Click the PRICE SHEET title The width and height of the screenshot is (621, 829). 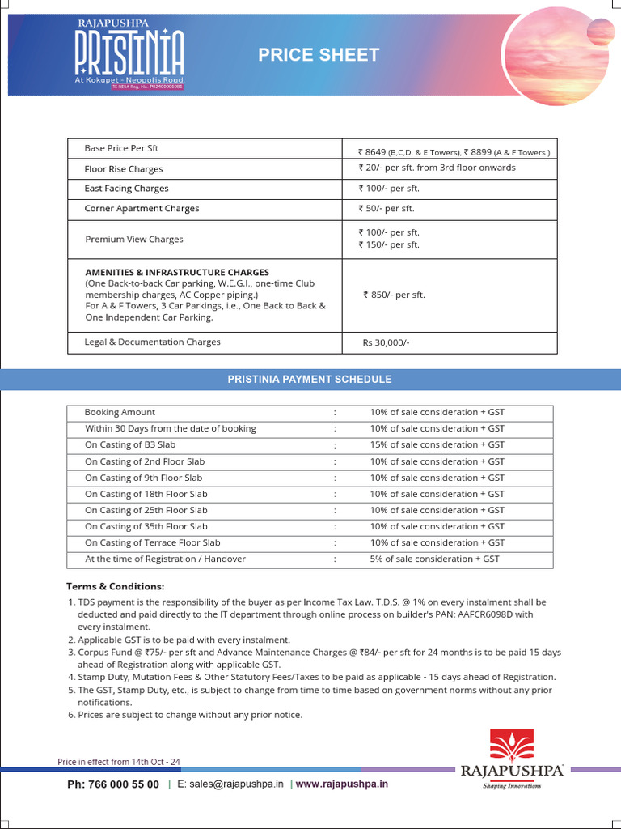318,55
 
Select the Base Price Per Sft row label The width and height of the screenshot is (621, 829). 121,149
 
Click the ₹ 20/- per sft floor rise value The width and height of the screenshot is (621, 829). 436,168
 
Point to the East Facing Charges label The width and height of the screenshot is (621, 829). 126,189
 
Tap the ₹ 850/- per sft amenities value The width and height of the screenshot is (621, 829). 394,295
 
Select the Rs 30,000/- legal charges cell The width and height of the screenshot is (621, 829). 387,342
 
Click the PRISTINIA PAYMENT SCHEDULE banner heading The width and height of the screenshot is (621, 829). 310,380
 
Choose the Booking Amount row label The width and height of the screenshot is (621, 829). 120,412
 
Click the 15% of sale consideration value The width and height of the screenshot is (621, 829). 437,445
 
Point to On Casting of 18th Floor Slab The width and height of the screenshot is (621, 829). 146,494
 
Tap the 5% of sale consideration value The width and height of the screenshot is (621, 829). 434,559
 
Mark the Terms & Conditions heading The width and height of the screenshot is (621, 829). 115,586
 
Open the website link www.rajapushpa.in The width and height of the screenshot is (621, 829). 341,784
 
